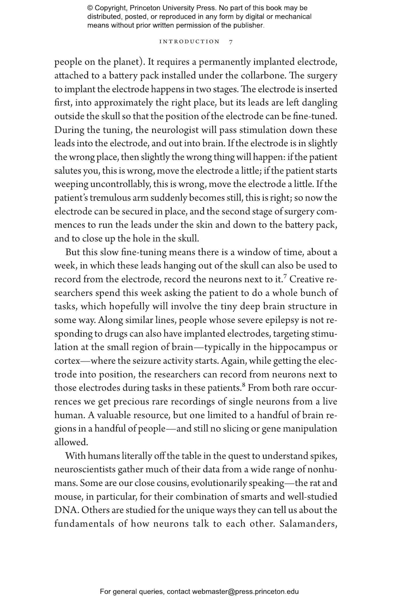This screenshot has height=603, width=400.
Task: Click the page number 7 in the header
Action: click(x=231, y=42)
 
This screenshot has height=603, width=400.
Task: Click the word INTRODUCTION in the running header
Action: click(x=189, y=42)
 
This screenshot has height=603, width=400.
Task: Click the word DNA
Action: click(x=66, y=510)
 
